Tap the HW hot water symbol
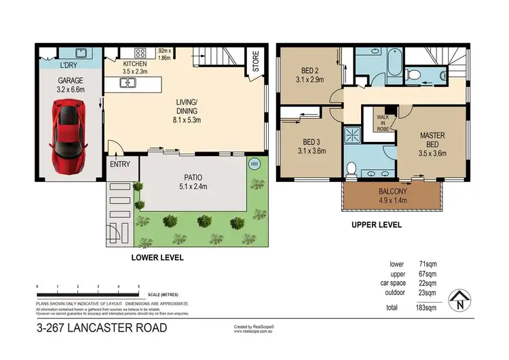[x=254, y=164]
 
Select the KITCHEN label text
[x=135, y=63]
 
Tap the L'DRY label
[x=68, y=65]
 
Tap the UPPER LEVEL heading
[x=377, y=224]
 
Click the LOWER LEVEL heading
[x=157, y=258]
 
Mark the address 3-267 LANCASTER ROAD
[x=101, y=329]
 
